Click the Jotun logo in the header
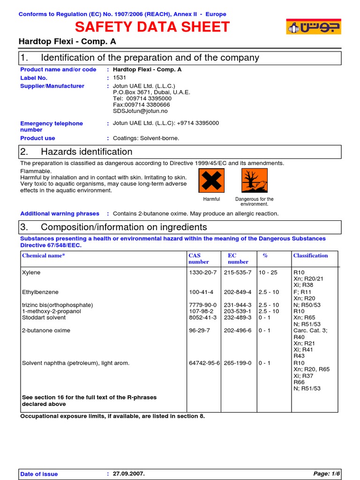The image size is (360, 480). [313, 27]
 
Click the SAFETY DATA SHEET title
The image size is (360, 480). [152, 27]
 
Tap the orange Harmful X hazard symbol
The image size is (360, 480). [211, 180]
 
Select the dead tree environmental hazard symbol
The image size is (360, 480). [255, 180]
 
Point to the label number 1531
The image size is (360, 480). [120, 78]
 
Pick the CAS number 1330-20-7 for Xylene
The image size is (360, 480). [202, 272]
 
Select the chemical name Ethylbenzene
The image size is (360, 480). [41, 292]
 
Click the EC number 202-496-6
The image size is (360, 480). [238, 330]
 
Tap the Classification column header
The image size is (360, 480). [310, 255]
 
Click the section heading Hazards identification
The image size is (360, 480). [87, 152]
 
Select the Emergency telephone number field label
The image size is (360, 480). [52, 127]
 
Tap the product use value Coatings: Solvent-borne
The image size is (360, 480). [146, 138]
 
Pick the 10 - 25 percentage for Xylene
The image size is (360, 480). [268, 272]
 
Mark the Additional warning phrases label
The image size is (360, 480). [60, 214]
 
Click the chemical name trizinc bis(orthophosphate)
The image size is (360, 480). [57, 305]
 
